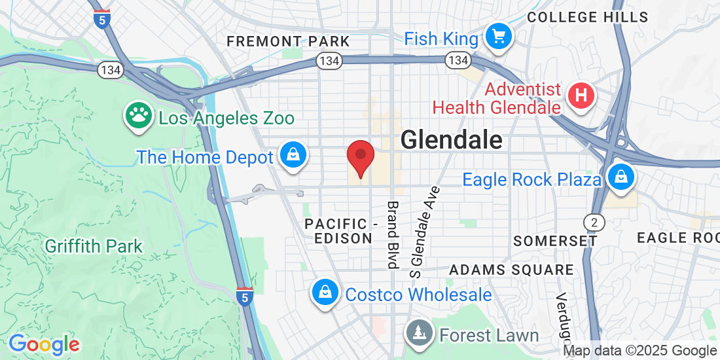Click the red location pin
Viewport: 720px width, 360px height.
[x=360, y=157]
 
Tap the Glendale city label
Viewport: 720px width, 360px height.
[x=451, y=140]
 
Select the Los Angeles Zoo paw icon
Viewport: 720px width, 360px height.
[x=137, y=117]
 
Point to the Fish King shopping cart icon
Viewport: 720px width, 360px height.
[x=499, y=36]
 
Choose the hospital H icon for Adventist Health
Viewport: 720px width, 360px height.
[x=581, y=96]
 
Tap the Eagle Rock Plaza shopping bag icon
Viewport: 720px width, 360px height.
[x=619, y=176]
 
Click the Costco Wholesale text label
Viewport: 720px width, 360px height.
[x=418, y=295]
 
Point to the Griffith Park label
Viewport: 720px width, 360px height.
[x=94, y=247]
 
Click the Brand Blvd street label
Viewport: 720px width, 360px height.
[x=393, y=234]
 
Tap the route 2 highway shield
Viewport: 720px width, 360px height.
[x=594, y=222]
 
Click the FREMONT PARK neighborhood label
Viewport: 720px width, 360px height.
[x=288, y=42]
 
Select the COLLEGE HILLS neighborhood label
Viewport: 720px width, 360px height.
[x=587, y=18]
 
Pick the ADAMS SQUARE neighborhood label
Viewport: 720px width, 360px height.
[x=511, y=270]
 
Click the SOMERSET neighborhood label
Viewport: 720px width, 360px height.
[x=555, y=241]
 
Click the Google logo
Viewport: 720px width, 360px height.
[x=44, y=344]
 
